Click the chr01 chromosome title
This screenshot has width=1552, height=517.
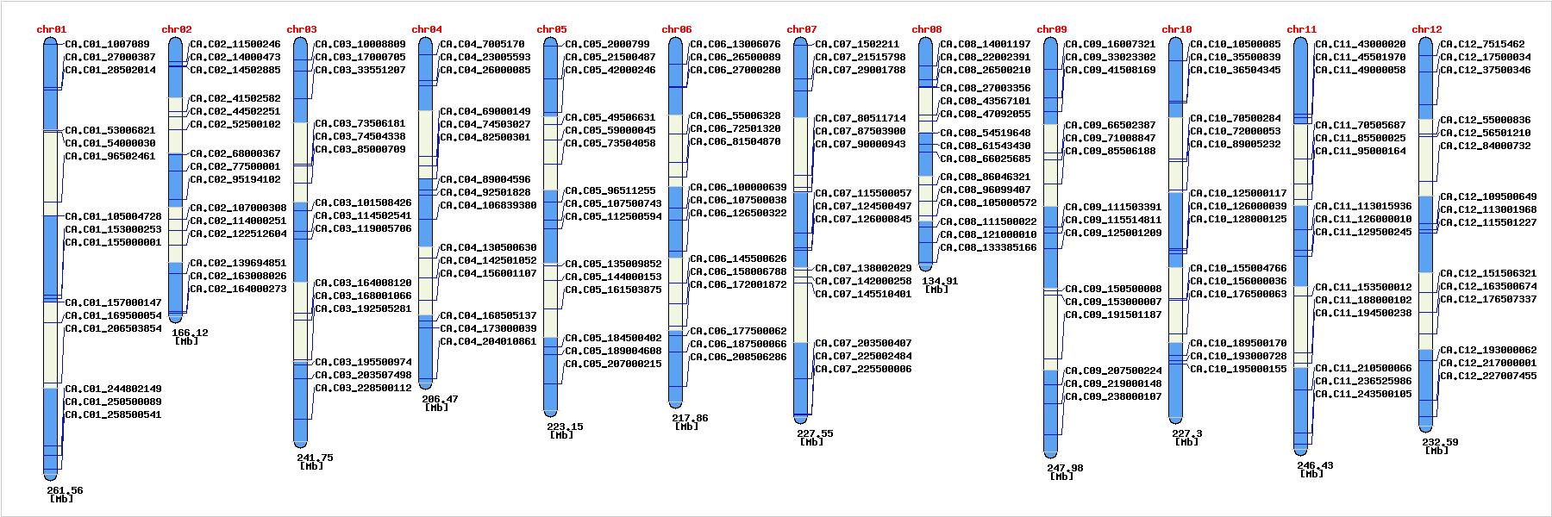pos(51,29)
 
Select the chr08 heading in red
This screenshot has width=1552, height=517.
pos(926,29)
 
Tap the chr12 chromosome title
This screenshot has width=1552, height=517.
pos(1426,29)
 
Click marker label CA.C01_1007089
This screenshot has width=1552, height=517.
pos(107,44)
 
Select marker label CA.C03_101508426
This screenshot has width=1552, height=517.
pos(363,202)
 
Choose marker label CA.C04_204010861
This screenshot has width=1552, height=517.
pos(488,341)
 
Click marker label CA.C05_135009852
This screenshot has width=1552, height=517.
pos(613,264)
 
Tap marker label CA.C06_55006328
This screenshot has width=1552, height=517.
pos(735,115)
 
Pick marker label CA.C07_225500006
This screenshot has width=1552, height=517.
pos(863,369)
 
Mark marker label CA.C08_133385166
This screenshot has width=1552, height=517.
pos(988,247)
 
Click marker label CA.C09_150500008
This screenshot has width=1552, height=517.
pos(1113,289)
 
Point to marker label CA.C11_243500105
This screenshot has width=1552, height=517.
pos(1363,394)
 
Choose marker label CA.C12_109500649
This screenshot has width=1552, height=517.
pos(1488,196)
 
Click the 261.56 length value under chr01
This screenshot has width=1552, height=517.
pos(65,490)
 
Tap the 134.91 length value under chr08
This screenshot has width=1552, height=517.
pos(940,281)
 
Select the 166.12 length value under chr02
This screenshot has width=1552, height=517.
pos(190,333)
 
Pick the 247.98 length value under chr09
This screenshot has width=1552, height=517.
pos(1065,468)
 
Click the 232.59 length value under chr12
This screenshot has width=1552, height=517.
pos(1440,442)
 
